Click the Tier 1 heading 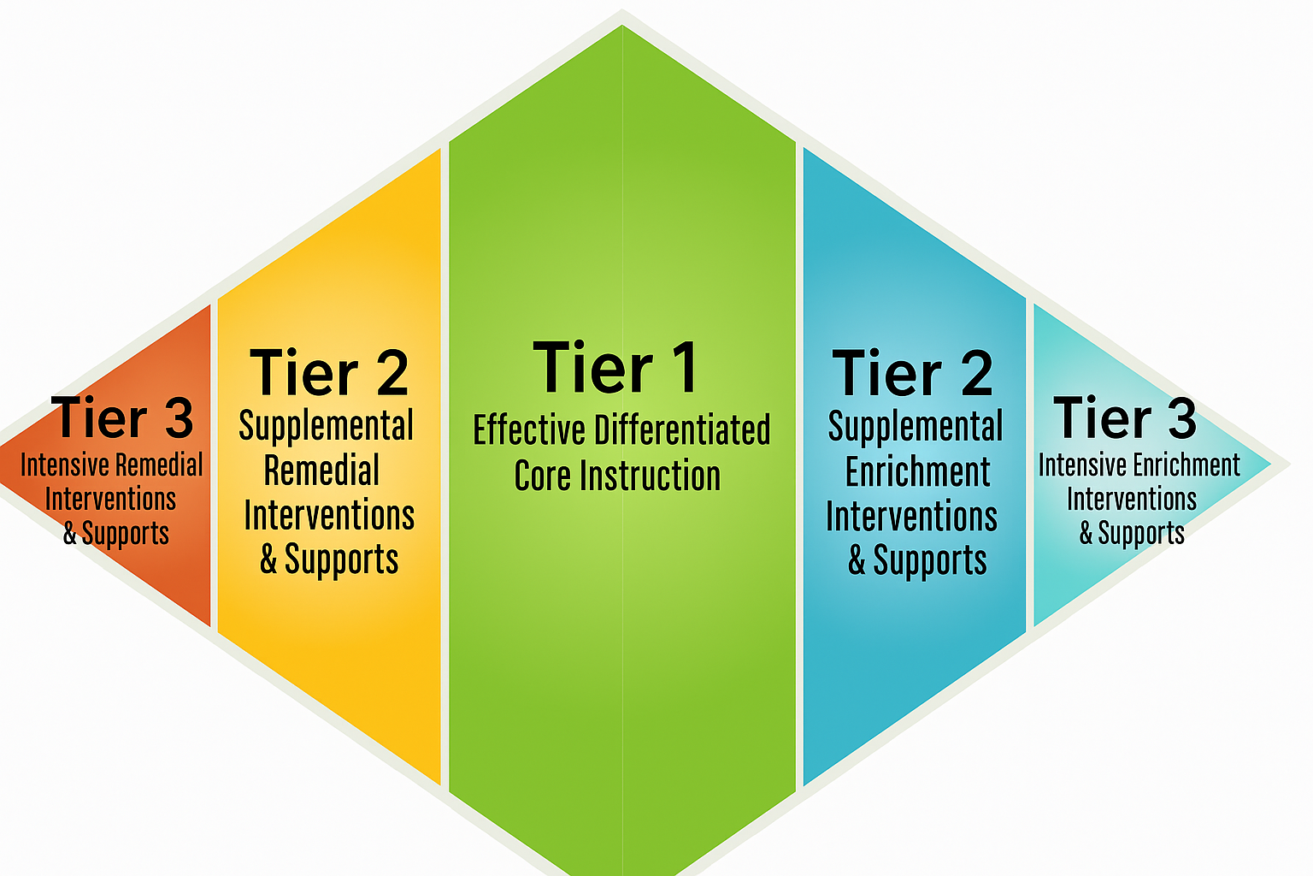(615, 367)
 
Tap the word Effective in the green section (530, 430)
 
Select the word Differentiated (682, 430)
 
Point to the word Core (542, 476)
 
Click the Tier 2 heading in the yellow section (329, 372)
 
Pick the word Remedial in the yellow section (321, 470)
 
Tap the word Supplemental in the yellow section (326, 427)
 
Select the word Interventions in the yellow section (329, 515)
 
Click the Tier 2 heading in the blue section (913, 372)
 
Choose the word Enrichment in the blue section (917, 471)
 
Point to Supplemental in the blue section (915, 427)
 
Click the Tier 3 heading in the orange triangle (122, 417)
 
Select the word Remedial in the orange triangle (158, 465)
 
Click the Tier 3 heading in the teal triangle (1125, 417)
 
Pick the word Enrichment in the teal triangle (1186, 465)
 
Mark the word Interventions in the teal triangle (1131, 500)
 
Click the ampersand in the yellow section (268, 559)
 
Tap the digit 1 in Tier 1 (685, 367)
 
